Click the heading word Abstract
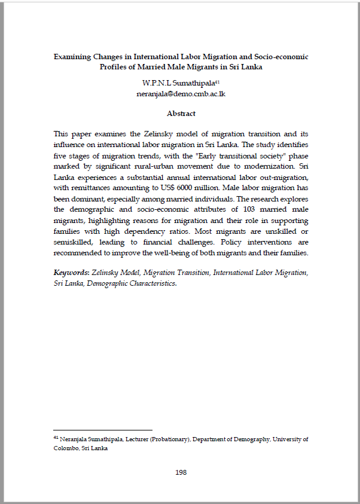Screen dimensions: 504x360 coord(181,114)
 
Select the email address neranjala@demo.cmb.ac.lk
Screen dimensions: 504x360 coord(181,94)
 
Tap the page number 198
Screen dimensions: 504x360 coord(181,472)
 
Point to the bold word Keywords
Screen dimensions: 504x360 coord(71,272)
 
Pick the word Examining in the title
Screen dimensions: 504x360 coord(71,57)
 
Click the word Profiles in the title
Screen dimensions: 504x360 coord(115,67)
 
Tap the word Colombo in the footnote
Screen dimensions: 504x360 coord(65,448)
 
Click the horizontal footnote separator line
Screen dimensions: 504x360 coord(103,430)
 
